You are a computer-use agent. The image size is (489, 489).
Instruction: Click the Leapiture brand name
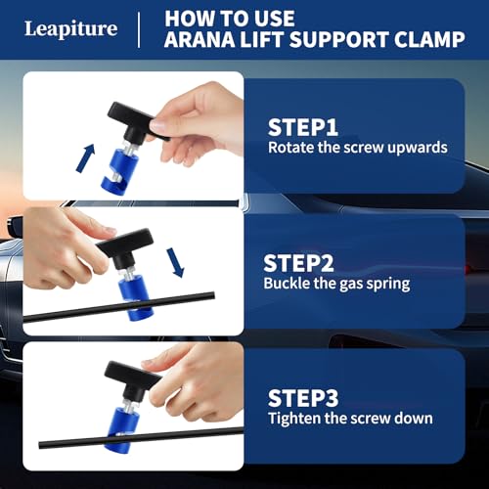70,28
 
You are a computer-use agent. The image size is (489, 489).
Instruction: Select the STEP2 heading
297,263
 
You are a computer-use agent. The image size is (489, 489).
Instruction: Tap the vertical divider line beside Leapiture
139,28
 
